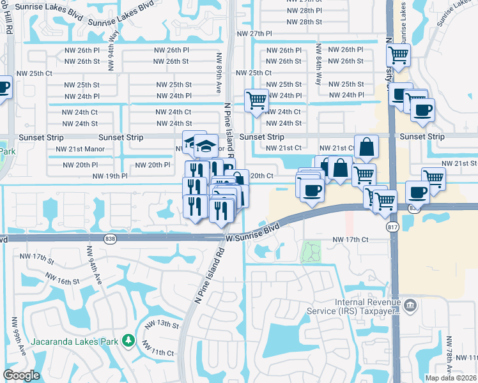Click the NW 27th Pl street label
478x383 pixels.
[254, 33]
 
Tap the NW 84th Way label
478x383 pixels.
[318, 63]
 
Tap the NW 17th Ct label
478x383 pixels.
[351, 240]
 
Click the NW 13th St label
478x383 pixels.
[161, 325]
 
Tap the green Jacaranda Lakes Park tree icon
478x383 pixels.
[128, 340]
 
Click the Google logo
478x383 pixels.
[22, 375]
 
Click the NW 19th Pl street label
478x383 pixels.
[110, 176]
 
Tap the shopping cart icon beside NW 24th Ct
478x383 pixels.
[256, 100]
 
